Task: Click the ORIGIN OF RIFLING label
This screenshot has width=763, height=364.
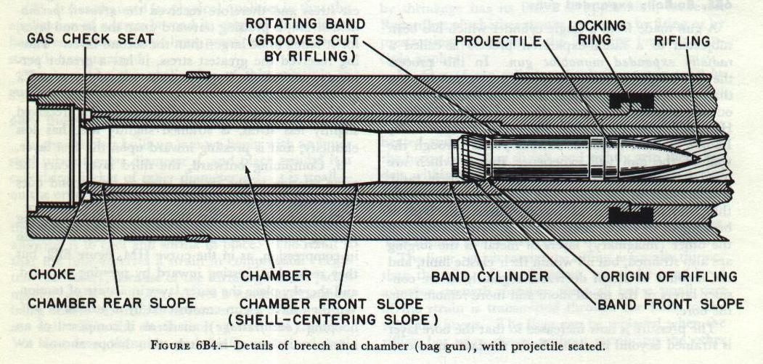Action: point(666,276)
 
